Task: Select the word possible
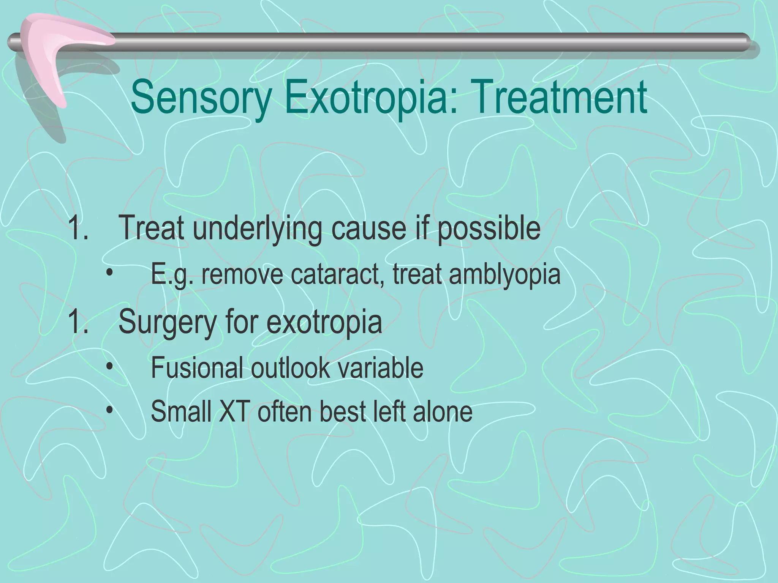489,229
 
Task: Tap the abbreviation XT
234,411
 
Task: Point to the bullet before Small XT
110,411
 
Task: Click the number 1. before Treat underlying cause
77,229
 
